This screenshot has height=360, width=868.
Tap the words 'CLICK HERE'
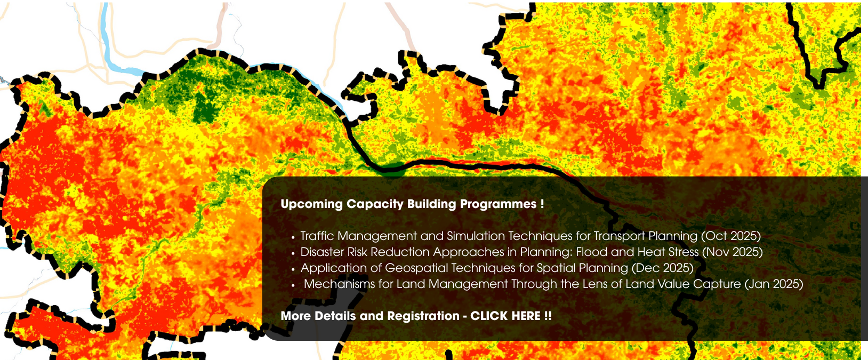point(505,316)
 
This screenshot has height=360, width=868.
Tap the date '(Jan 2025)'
point(774,284)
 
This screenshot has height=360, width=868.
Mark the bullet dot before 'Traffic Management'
point(293,237)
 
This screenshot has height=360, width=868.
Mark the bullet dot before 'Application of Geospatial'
point(293,269)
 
